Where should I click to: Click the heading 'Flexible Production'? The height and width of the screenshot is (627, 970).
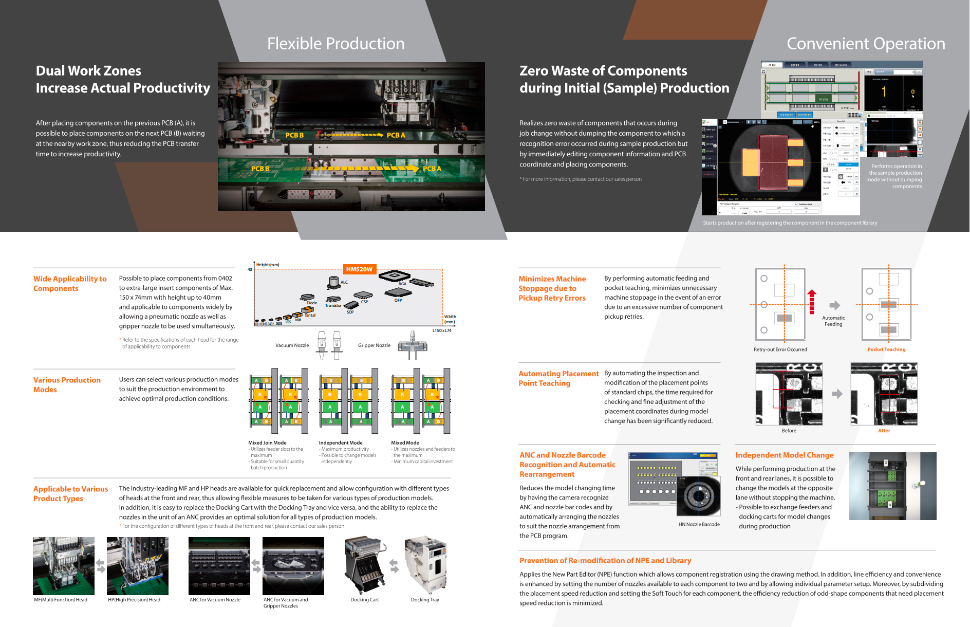[335, 44]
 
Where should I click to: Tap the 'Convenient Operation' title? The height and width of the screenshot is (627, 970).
[866, 44]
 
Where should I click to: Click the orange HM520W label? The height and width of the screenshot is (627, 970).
[359, 269]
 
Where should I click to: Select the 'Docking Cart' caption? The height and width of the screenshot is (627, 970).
[365, 600]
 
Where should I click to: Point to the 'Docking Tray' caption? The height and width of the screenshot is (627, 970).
[425, 600]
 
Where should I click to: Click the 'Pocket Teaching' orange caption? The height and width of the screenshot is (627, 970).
[886, 349]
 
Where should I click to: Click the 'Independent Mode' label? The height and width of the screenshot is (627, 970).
[341, 442]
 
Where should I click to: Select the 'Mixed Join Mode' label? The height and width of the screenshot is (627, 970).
[267, 442]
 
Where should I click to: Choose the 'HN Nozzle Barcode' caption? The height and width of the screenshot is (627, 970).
[699, 524]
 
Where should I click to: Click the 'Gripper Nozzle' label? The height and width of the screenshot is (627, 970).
[374, 345]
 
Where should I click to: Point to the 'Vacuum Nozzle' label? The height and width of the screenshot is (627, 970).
[292, 345]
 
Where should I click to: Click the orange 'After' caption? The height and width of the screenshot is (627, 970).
[884, 431]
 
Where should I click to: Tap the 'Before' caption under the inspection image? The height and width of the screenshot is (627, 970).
[789, 431]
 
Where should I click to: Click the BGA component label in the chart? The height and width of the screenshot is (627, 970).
[402, 284]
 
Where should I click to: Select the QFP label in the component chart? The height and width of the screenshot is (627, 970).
[398, 300]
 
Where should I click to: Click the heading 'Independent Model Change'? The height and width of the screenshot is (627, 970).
[785, 455]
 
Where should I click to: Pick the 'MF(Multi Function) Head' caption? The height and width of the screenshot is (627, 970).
[61, 600]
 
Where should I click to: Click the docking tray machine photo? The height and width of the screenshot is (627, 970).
[425, 565]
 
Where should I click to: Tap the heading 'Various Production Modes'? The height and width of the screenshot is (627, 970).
[67, 385]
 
